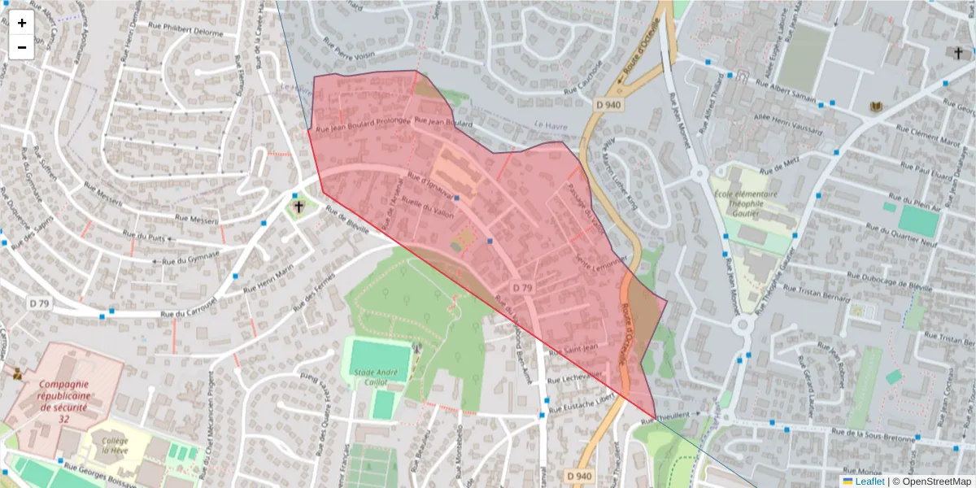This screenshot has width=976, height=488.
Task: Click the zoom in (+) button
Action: pos(22,23)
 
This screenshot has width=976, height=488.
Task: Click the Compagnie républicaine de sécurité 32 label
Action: pos(63,396)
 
